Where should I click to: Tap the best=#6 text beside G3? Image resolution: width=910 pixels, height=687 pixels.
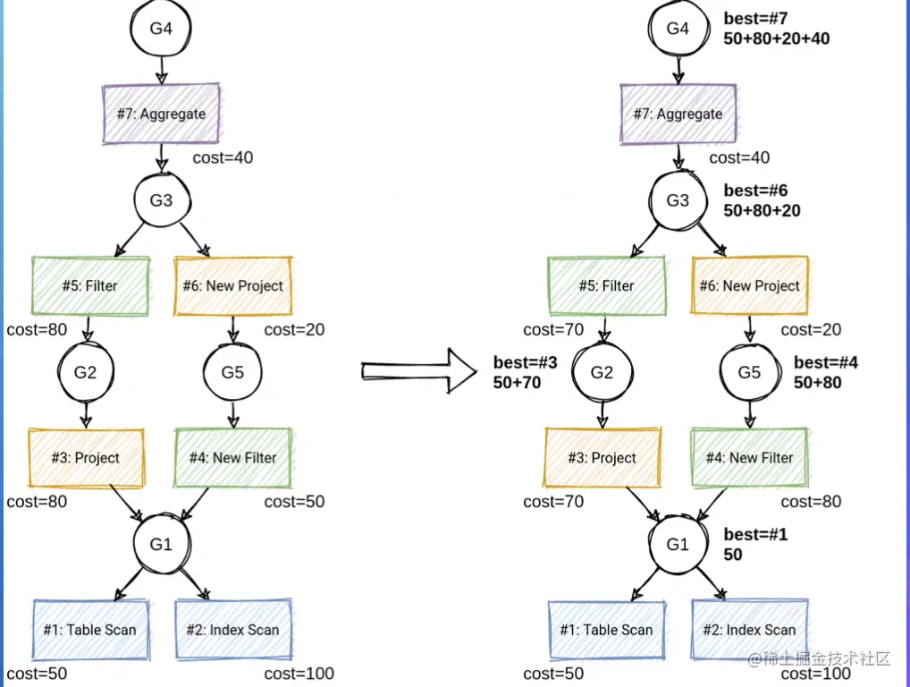click(x=755, y=191)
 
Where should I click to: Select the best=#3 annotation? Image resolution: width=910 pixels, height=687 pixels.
click(x=525, y=363)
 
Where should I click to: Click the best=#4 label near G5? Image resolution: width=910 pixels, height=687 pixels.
click(x=826, y=362)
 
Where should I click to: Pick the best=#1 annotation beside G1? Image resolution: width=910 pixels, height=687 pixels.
click(x=755, y=535)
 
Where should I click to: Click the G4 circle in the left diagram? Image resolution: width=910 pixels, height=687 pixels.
click(x=161, y=29)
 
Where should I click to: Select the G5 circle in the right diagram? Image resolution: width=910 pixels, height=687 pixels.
click(x=749, y=371)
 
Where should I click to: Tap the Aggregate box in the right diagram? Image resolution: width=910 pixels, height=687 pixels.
click(x=678, y=114)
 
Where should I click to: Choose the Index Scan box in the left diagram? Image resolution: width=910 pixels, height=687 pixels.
click(x=233, y=630)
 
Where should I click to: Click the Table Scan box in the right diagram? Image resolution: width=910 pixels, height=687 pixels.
click(x=606, y=630)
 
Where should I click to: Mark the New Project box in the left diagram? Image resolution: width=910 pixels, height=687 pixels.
click(x=233, y=286)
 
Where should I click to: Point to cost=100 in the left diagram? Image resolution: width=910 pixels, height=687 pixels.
click(x=299, y=674)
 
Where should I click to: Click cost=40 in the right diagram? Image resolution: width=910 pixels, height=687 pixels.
click(x=739, y=158)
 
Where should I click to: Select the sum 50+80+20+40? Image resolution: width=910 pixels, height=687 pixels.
click(x=776, y=38)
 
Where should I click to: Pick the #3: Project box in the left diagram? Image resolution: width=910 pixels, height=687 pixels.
click(x=86, y=458)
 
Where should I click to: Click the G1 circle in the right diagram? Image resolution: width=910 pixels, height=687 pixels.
click(x=678, y=543)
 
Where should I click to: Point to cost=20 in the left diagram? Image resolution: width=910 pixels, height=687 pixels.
click(x=294, y=330)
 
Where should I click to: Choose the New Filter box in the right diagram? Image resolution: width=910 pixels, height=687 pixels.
click(x=749, y=458)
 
